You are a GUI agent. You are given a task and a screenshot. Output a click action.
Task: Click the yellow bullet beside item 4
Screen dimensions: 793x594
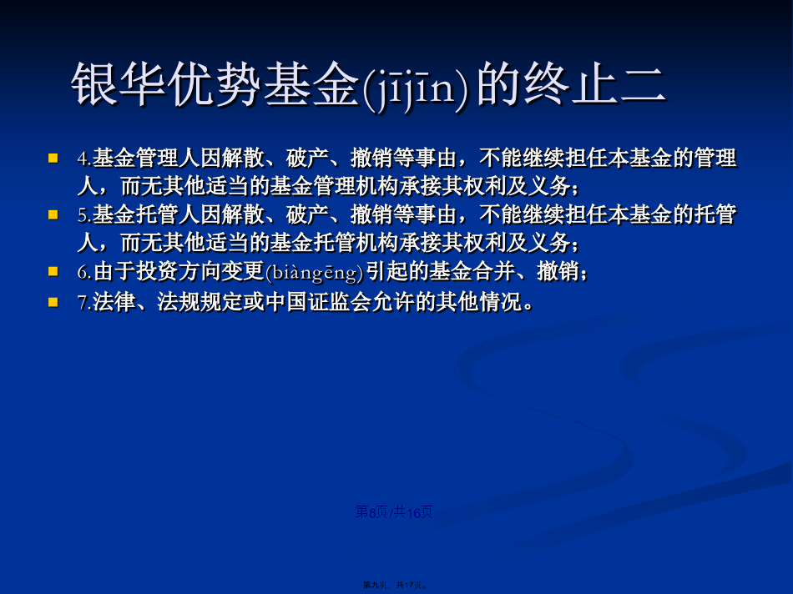click(53, 159)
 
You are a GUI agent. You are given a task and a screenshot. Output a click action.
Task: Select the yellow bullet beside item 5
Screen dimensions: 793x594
click(53, 215)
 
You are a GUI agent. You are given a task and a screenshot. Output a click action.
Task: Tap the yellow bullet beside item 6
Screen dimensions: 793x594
click(53, 271)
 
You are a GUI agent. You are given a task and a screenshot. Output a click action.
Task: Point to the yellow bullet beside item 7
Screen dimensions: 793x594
click(53, 302)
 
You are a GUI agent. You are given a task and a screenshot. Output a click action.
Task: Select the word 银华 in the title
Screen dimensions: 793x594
click(119, 85)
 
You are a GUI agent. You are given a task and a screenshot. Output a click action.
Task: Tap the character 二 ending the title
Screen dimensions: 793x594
click(642, 85)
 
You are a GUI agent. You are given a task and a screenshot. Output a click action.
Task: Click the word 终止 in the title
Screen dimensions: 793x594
click(570, 85)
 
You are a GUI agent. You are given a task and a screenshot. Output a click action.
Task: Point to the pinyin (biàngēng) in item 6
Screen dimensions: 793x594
click(315, 273)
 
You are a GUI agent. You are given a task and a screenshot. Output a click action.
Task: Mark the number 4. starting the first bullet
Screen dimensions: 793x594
click(84, 159)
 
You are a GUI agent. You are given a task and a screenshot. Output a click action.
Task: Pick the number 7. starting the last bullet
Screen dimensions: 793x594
click(84, 303)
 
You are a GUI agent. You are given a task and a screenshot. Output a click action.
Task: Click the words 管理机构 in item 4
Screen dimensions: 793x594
click(356, 187)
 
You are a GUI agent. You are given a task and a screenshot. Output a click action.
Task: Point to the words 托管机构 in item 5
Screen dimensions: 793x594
click(356, 243)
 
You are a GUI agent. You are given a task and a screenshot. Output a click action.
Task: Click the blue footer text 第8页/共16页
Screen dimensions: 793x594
click(394, 512)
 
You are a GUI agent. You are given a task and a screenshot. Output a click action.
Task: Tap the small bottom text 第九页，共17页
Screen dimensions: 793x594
click(396, 585)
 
